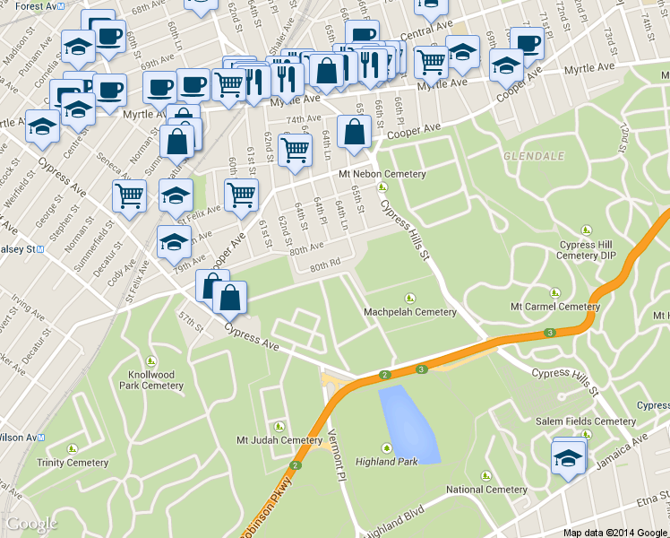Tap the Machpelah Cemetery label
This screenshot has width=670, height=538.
tap(410, 312)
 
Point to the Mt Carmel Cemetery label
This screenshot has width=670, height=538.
tap(554, 306)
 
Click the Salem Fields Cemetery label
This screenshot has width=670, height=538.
tap(586, 421)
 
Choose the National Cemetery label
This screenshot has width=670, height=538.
tap(486, 490)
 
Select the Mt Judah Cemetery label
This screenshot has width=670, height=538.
tap(279, 439)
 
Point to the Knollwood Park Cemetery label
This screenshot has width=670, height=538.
tap(150, 380)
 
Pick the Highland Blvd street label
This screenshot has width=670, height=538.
tap(394, 518)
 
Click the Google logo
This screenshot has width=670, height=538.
tap(31, 524)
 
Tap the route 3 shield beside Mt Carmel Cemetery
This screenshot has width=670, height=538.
tap(547, 334)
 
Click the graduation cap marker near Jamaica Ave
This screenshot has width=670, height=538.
tap(568, 460)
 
